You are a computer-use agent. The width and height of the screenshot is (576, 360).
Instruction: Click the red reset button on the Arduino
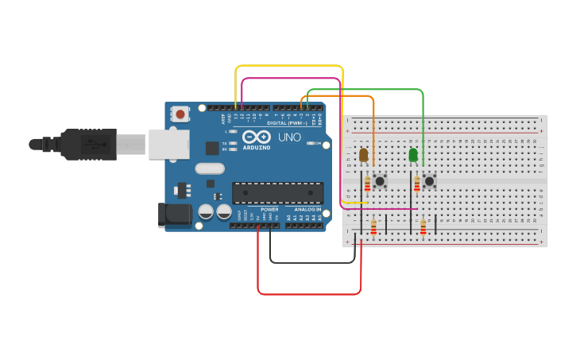click(x=180, y=114)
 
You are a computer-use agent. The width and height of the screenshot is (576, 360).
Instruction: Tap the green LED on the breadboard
click(x=413, y=155)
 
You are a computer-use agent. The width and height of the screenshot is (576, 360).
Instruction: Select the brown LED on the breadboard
click(x=364, y=155)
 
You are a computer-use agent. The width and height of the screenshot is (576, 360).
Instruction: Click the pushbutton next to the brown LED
click(x=380, y=181)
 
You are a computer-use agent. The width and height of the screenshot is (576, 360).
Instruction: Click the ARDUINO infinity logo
click(x=256, y=137)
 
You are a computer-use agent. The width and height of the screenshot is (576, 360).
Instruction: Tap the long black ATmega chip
click(x=277, y=192)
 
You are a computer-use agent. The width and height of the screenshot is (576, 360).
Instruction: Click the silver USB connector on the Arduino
click(x=168, y=144)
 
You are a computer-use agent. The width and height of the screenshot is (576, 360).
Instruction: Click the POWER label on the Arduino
click(x=269, y=209)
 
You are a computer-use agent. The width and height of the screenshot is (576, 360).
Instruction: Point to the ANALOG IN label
click(x=307, y=209)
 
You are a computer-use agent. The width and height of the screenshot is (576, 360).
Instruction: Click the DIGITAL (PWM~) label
click(x=288, y=123)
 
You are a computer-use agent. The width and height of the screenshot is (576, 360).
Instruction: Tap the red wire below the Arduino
click(x=310, y=293)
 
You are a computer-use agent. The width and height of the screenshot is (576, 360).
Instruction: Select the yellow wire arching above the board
click(x=289, y=66)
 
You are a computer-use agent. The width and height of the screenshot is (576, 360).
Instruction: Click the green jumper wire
click(x=365, y=90)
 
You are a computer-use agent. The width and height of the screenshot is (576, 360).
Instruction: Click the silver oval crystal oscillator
click(x=210, y=168)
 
